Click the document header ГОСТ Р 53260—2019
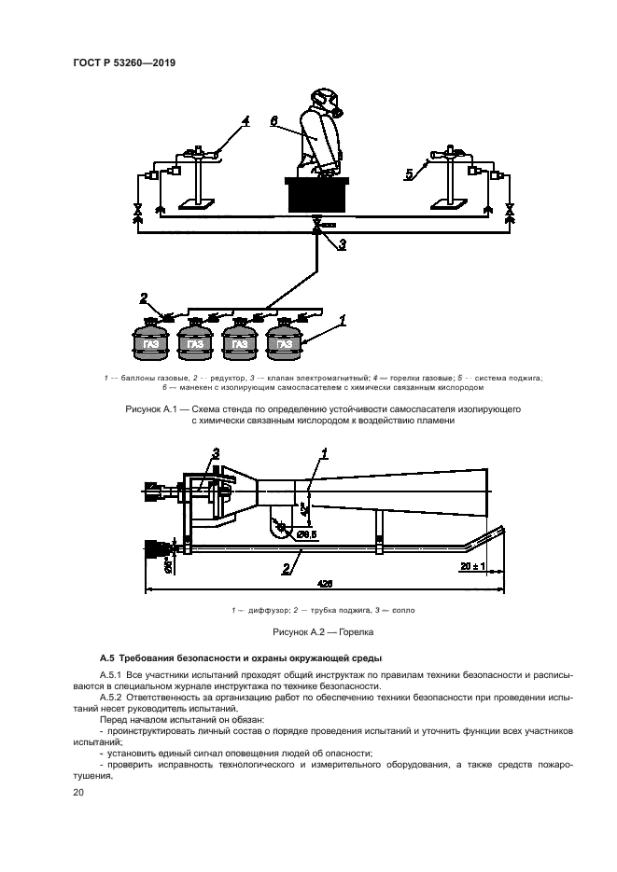pyautogui.click(x=123, y=62)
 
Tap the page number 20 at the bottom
pyautogui.click(x=78, y=792)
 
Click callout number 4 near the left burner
pyautogui.click(x=246, y=121)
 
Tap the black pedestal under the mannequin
pyautogui.click(x=317, y=196)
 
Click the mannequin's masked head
pyautogui.click(x=323, y=100)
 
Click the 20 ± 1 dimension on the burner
pyautogui.click(x=472, y=566)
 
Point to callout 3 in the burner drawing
pyautogui.click(x=215, y=453)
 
